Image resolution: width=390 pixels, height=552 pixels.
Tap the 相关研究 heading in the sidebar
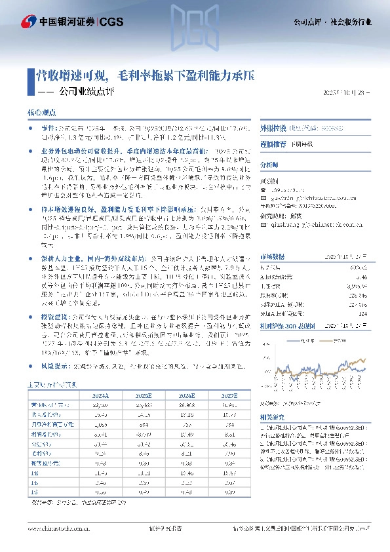272,417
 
